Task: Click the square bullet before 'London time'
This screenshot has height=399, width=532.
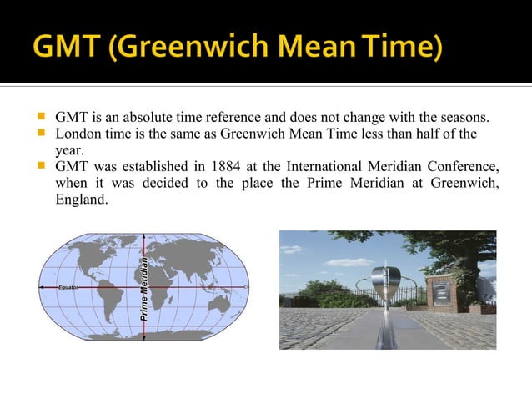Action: point(41,133)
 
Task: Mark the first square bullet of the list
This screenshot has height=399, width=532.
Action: point(41,115)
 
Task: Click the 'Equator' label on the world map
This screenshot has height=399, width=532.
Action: point(68,287)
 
